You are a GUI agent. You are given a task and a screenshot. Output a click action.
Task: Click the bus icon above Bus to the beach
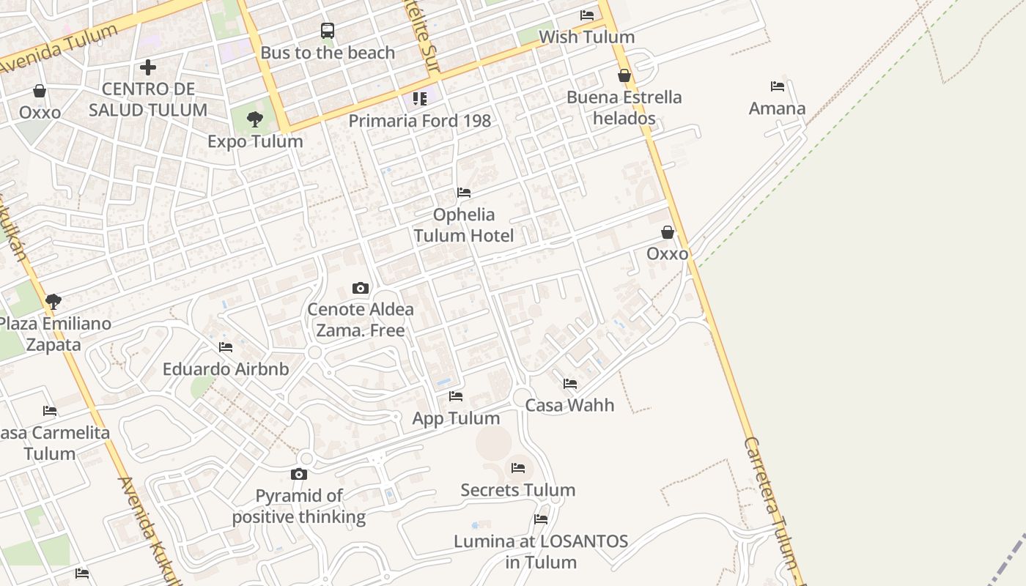328,31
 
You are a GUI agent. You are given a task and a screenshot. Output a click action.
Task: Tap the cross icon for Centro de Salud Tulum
148,68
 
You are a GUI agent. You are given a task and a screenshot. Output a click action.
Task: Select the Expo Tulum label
255,141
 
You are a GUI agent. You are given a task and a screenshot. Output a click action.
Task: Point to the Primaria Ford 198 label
419,120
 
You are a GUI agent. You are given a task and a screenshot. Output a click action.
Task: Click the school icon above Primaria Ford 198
419,98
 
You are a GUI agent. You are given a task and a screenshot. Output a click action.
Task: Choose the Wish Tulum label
586,37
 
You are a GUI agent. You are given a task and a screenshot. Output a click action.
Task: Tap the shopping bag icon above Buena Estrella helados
624,75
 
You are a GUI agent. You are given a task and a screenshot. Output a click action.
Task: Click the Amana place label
777,108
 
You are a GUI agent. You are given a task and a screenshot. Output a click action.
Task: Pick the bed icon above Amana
778,86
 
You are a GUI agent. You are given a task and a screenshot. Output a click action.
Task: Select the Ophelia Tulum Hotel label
463,225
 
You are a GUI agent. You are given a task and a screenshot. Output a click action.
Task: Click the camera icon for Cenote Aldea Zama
360,288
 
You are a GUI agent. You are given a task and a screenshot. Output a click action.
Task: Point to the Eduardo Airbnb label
226,368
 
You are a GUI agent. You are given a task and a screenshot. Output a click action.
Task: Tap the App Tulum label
456,418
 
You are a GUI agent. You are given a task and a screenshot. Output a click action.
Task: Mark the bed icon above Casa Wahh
570,383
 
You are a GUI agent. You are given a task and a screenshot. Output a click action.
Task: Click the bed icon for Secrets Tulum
518,467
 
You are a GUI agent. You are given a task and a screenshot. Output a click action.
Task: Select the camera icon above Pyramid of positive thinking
299,474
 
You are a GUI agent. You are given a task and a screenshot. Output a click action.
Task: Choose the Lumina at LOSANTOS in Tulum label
541,552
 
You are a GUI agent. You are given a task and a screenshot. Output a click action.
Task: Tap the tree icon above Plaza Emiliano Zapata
53,301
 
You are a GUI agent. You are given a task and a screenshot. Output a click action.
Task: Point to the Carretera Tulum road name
774,505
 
